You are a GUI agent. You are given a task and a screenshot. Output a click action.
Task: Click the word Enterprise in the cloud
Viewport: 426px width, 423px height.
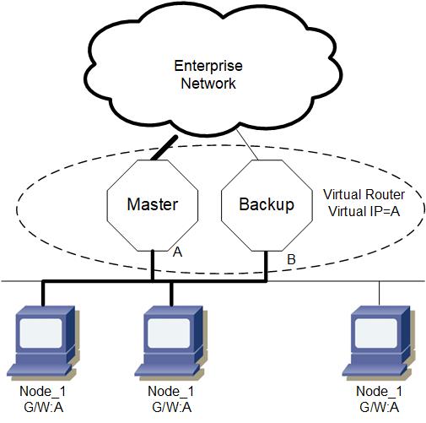click(208, 66)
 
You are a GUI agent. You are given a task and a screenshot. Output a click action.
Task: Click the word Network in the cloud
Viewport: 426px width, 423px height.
click(208, 84)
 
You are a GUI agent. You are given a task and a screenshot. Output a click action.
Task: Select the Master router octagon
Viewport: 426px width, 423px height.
click(153, 205)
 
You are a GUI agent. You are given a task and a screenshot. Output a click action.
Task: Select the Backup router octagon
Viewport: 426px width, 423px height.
click(267, 205)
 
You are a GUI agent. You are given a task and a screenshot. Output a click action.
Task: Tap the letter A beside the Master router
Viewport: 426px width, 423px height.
click(177, 252)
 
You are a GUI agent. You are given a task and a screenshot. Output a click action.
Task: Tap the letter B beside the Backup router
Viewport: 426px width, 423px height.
click(291, 259)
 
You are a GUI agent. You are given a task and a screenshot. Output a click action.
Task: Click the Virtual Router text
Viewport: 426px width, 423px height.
click(364, 194)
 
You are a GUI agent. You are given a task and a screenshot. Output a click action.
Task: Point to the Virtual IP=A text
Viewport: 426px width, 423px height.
click(364, 211)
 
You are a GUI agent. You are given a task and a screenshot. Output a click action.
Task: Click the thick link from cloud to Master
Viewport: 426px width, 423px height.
click(164, 148)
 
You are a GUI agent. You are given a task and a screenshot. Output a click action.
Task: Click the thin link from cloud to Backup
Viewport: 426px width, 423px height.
click(247, 144)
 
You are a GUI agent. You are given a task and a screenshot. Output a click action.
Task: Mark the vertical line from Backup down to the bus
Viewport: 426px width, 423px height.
click(266, 266)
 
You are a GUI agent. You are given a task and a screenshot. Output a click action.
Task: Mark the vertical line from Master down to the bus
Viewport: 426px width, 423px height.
click(153, 265)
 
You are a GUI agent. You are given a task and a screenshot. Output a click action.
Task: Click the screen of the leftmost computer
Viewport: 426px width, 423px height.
click(41, 333)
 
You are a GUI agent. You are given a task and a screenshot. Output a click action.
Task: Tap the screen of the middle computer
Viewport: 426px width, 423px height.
click(169, 333)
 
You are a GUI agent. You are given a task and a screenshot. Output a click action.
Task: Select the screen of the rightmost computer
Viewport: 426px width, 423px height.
click(376, 333)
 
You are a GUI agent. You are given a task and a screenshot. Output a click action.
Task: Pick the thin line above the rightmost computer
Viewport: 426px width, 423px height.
click(380, 293)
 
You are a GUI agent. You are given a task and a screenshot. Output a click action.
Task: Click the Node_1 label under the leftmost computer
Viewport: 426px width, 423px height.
click(43, 391)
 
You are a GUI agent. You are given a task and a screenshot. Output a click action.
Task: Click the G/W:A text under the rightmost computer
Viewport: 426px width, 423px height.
click(380, 407)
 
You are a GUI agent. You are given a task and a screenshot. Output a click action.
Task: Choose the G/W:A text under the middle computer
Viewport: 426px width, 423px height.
click(172, 407)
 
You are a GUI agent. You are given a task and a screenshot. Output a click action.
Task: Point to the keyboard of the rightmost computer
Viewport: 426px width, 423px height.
click(373, 370)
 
